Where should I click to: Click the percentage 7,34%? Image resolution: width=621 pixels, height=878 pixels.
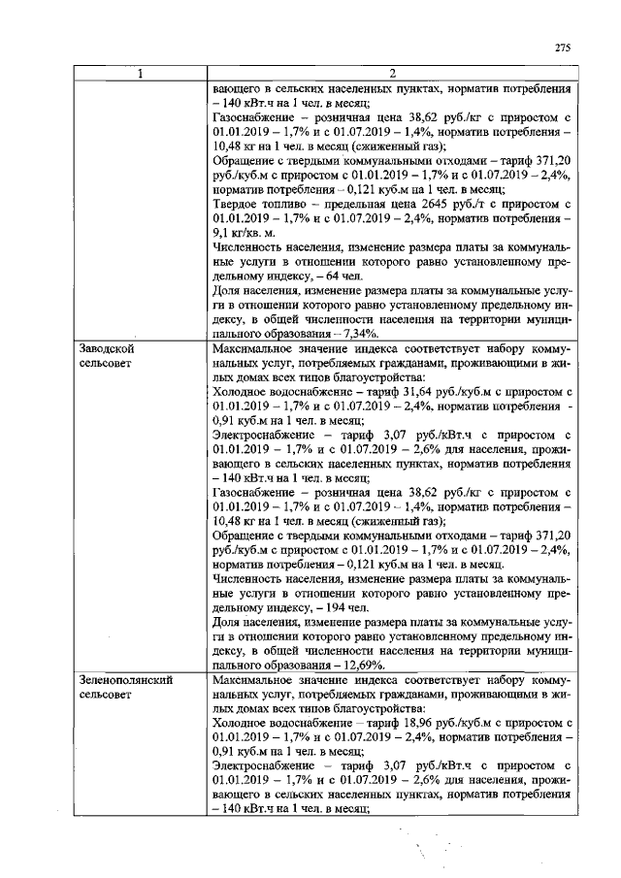pos(363,333)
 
